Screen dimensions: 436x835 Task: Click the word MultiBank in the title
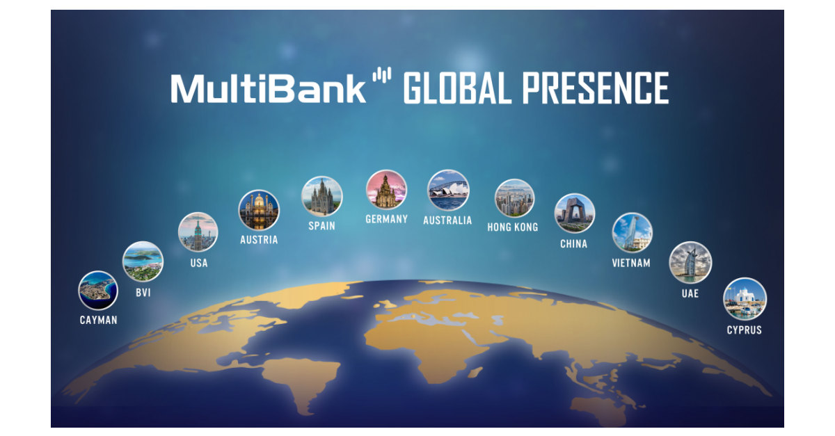point(268,88)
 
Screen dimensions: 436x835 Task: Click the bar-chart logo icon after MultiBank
point(382,76)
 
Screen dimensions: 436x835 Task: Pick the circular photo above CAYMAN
point(97,290)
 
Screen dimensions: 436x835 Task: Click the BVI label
point(143,293)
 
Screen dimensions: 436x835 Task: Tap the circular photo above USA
point(198,232)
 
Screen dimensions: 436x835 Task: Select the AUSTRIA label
point(259,240)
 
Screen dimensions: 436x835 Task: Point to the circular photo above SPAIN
point(321,196)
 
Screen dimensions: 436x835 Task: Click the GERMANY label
point(386,219)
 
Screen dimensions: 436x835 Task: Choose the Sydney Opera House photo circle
point(448,191)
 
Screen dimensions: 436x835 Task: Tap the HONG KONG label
point(513,227)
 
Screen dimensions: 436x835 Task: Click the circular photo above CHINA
point(575,213)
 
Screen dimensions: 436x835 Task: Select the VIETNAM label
point(631,263)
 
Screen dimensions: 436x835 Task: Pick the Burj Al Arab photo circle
point(690,263)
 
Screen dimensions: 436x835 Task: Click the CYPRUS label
point(745,330)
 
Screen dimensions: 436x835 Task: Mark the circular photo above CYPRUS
point(745,298)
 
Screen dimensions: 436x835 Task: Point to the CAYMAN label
point(98,321)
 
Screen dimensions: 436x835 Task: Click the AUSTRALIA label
point(447,220)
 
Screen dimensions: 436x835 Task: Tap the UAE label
point(690,293)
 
